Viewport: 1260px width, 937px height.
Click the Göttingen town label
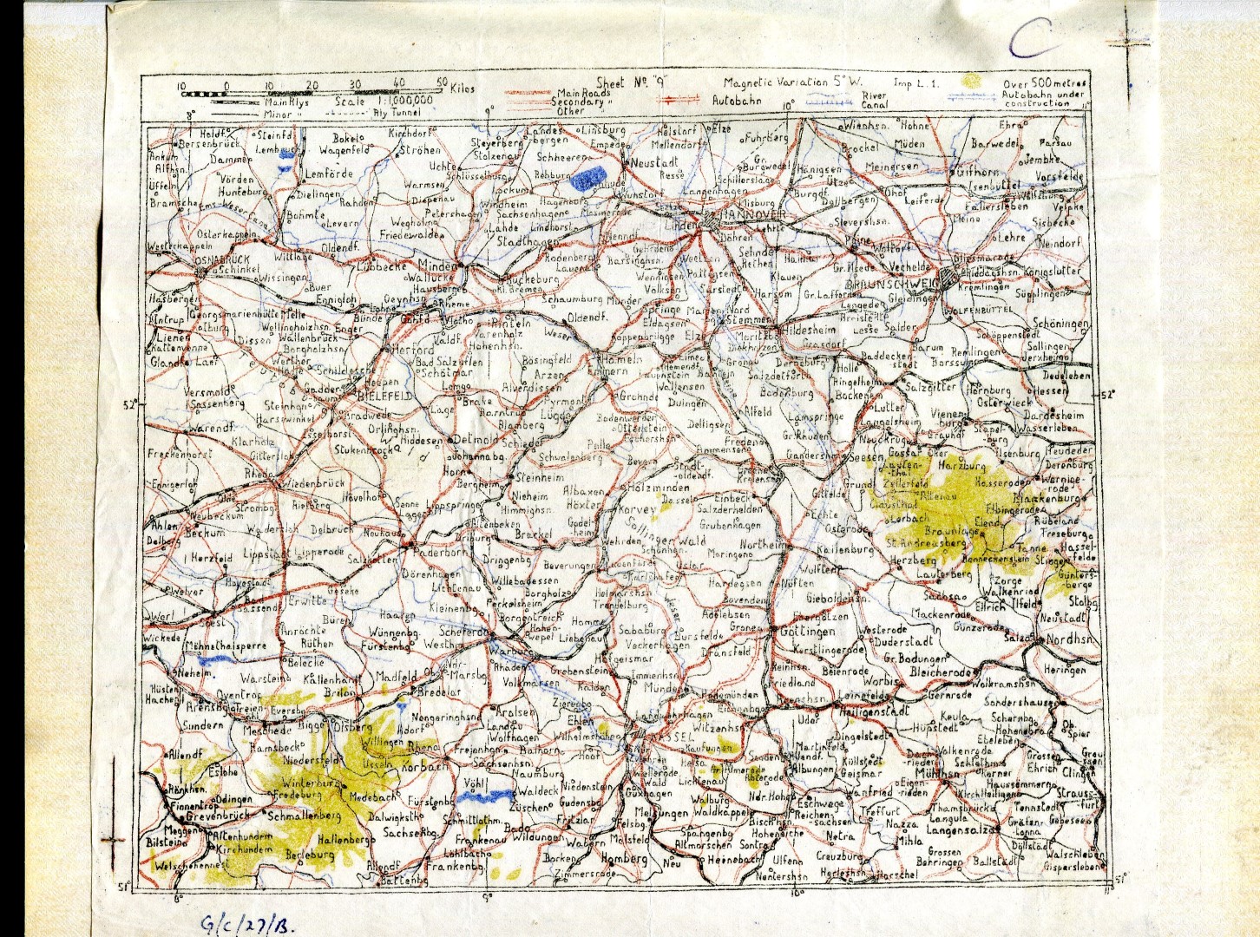pos(802,631)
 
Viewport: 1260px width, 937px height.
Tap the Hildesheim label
pos(810,331)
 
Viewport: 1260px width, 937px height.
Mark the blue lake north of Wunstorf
pos(591,178)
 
